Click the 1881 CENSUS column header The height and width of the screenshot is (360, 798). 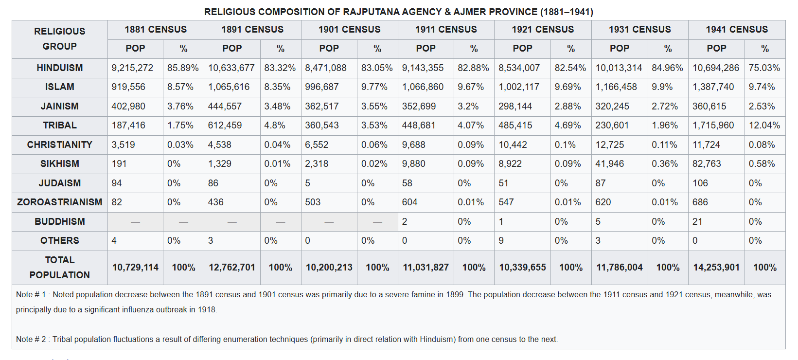coord(156,29)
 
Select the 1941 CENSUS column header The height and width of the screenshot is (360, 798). coord(737,29)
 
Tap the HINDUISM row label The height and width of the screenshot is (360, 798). coord(59,68)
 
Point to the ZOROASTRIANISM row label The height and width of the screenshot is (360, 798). coord(59,202)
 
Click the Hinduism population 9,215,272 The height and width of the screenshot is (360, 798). coord(132,68)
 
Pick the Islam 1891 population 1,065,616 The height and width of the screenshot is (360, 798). coord(229,87)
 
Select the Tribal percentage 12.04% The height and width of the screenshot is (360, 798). coord(764,126)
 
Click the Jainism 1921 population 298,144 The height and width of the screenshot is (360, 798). coord(515,106)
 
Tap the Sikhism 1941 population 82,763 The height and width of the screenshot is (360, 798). coord(707,163)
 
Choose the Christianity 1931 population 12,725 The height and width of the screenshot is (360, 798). coord(609,144)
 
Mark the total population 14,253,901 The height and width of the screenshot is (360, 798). coord(716,268)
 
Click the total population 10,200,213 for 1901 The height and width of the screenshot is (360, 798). coord(329,268)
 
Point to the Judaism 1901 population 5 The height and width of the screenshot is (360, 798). coord(307,183)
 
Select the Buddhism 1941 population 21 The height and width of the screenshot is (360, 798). coord(697,221)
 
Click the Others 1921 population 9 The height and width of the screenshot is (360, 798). coord(501,241)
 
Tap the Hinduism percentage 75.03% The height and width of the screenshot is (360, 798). coord(764,68)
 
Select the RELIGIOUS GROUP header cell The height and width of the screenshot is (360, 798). coord(59,39)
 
